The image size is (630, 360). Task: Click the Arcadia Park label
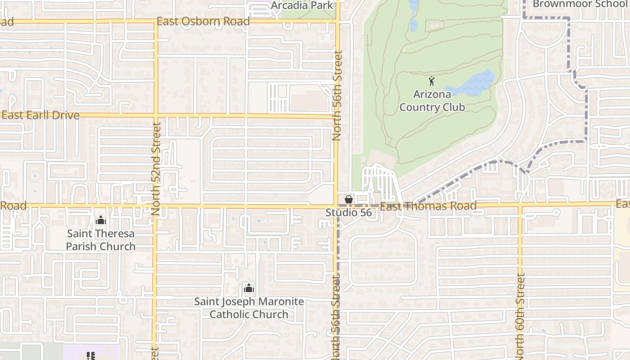tap(302, 5)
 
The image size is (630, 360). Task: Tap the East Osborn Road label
tap(203, 21)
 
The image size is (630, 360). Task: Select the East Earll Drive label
tap(40, 115)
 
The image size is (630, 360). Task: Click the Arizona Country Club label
tap(432, 101)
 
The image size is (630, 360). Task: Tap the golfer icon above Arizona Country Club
tap(432, 81)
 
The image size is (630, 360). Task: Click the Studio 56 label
tap(349, 212)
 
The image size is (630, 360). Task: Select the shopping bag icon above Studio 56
tap(348, 199)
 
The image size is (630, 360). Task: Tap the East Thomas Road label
tap(428, 206)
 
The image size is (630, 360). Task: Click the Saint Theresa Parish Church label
tap(101, 240)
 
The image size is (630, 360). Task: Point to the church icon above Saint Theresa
tap(101, 220)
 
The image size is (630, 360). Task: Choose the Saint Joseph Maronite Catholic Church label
tap(249, 308)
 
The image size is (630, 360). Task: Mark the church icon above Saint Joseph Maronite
tap(249, 288)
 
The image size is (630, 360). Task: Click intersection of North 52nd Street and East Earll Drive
tap(156, 115)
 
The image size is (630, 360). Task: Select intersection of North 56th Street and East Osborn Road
tap(338, 21)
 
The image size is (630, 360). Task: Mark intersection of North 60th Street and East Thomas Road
tap(520, 205)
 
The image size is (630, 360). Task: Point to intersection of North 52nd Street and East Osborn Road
tap(156, 21)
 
